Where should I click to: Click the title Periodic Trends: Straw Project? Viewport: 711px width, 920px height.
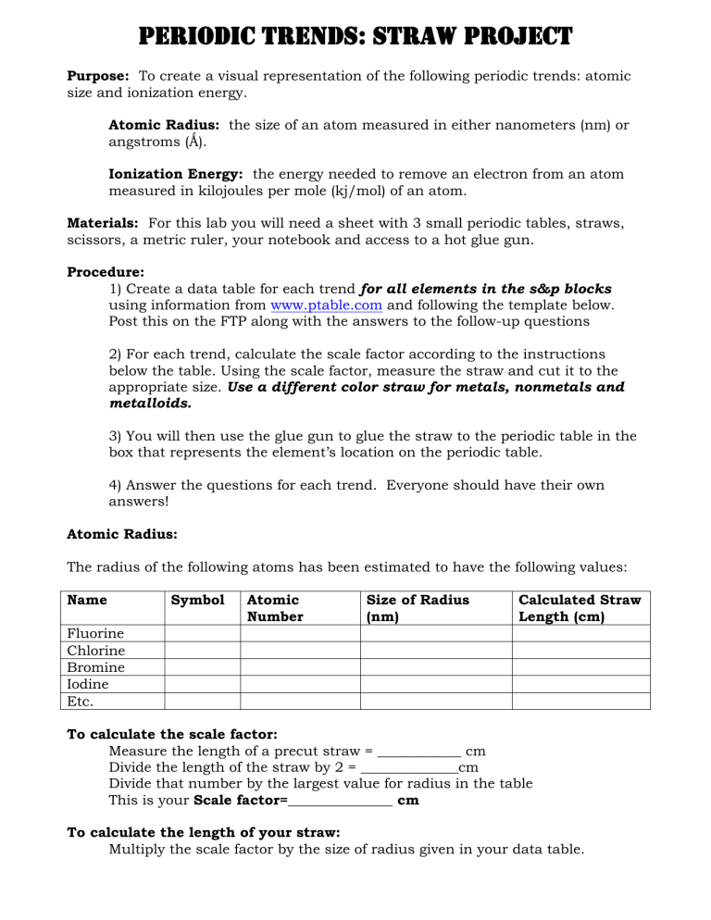point(355,37)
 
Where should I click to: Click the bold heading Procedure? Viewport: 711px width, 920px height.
point(106,272)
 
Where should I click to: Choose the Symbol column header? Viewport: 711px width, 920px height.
point(198,600)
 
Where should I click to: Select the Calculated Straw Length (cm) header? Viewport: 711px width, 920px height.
point(579,608)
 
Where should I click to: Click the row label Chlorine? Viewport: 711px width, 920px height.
point(97,651)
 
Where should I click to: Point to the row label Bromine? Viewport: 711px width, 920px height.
point(96,667)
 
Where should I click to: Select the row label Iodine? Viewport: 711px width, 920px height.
point(89,684)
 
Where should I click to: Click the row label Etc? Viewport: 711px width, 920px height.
point(82,701)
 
